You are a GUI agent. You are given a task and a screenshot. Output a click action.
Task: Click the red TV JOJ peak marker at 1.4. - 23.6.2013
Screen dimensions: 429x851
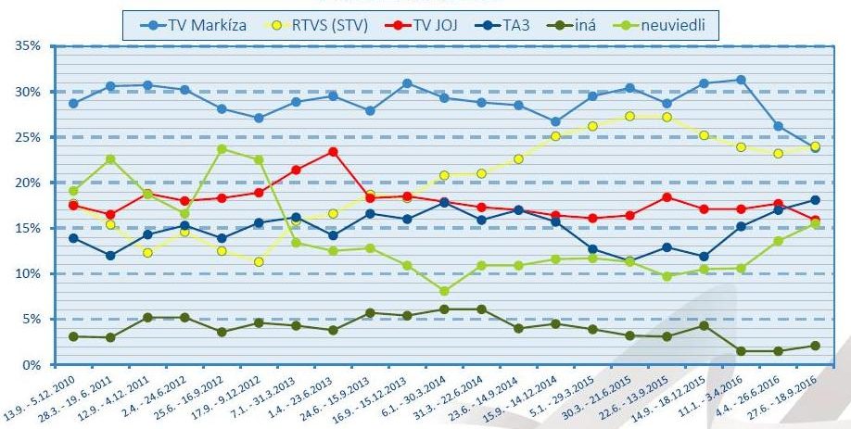coord(332,152)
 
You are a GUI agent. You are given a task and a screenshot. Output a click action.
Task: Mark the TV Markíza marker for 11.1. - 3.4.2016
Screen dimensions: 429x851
coord(740,80)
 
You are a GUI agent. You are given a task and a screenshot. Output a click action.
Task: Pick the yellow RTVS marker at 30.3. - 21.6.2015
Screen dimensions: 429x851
coord(629,116)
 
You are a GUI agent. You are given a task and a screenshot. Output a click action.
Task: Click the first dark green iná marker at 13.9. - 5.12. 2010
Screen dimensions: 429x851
coord(73,336)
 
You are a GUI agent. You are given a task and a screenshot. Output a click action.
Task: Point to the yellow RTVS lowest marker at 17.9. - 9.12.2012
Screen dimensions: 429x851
coord(259,262)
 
